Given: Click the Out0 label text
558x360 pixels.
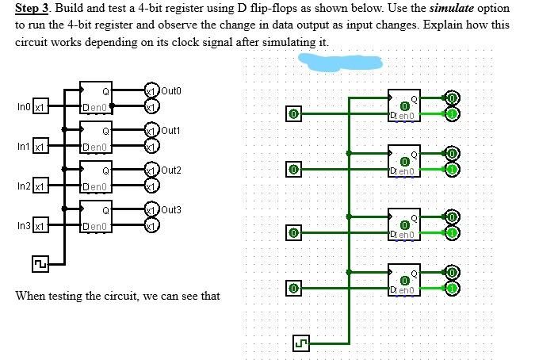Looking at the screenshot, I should click(x=171, y=90).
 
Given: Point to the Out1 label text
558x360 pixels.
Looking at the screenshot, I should click(x=171, y=129).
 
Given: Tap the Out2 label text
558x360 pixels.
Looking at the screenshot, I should click(x=171, y=170).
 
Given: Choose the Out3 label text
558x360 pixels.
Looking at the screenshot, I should click(x=171, y=209).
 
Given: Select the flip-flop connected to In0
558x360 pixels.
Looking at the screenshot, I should click(x=98, y=99).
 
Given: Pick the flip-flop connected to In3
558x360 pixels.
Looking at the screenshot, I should click(x=98, y=218).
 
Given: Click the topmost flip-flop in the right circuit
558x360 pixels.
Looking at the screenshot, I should click(x=403, y=105).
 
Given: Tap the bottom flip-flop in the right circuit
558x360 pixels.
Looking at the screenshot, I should click(x=403, y=279).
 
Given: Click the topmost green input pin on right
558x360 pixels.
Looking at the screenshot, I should click(x=293, y=113).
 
